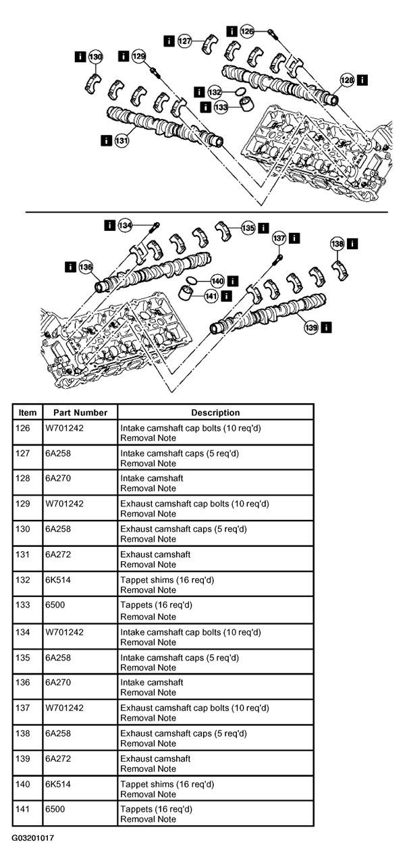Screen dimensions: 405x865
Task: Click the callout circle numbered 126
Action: tap(247, 31)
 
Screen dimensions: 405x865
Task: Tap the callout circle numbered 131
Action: tap(122, 140)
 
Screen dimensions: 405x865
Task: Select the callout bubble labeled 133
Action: tap(221, 107)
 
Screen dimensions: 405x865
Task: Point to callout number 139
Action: tap(311, 327)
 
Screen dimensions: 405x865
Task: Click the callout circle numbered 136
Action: tap(86, 267)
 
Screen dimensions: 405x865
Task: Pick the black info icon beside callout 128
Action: tap(362, 80)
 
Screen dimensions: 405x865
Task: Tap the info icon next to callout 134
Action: tap(110, 225)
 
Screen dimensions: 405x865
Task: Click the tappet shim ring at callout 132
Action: tap(240, 92)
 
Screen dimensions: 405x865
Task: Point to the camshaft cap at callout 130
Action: tap(92, 83)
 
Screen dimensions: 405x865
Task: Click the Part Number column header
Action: tap(80, 413)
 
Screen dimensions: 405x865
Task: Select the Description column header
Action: tap(215, 413)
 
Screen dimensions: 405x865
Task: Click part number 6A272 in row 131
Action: tap(58, 554)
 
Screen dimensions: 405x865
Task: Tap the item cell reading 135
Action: tap(23, 658)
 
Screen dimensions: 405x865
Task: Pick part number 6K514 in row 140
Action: tap(58, 784)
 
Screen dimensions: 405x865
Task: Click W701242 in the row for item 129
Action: tap(65, 504)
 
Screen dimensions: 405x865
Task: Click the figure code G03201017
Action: tap(33, 838)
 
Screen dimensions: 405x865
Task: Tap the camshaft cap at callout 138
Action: tap(340, 270)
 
